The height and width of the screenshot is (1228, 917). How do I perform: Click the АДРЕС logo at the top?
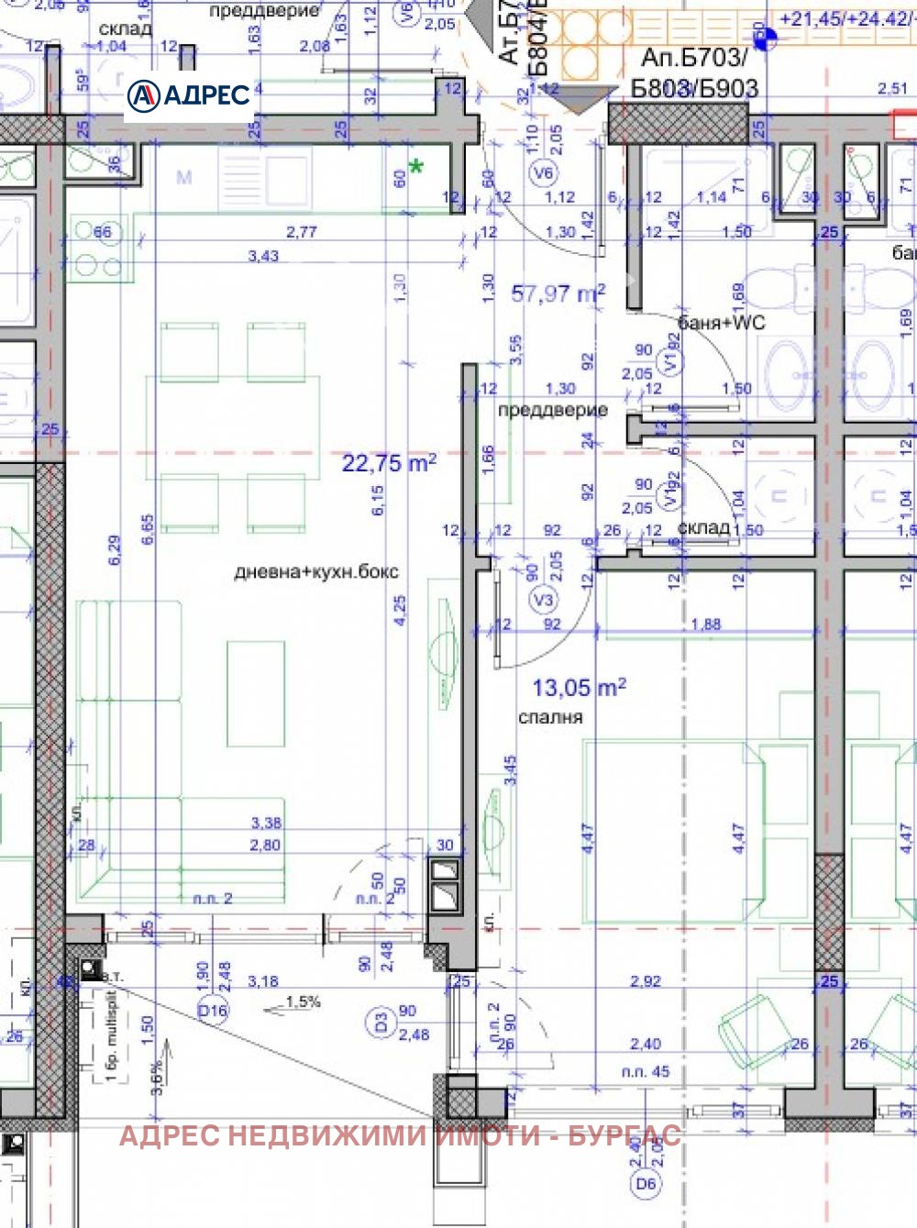189,94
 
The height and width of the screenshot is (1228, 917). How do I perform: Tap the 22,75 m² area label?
389,462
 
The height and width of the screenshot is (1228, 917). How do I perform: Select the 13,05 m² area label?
580,687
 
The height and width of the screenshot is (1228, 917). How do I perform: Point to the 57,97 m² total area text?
558,293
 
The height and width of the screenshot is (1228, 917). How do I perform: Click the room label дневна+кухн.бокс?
316,571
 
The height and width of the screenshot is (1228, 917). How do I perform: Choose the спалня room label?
550,717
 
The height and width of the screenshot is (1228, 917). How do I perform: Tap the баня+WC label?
721,323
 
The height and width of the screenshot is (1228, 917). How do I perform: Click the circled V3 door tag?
544,600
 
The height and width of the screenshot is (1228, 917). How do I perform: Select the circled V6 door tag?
544,172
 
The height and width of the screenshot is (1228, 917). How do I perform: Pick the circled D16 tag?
213,1011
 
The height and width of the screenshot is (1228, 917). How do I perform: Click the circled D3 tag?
381,1020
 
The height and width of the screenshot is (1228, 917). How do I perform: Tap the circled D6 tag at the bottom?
646,1184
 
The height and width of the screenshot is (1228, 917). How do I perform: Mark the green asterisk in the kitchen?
417,167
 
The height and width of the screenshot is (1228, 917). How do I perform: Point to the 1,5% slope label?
303,1001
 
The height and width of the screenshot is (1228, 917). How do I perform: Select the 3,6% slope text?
157,1078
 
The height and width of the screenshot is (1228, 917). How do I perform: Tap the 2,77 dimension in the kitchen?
302,232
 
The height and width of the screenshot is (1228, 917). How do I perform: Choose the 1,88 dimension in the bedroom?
705,625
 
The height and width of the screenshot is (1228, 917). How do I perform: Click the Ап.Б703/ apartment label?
693,58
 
